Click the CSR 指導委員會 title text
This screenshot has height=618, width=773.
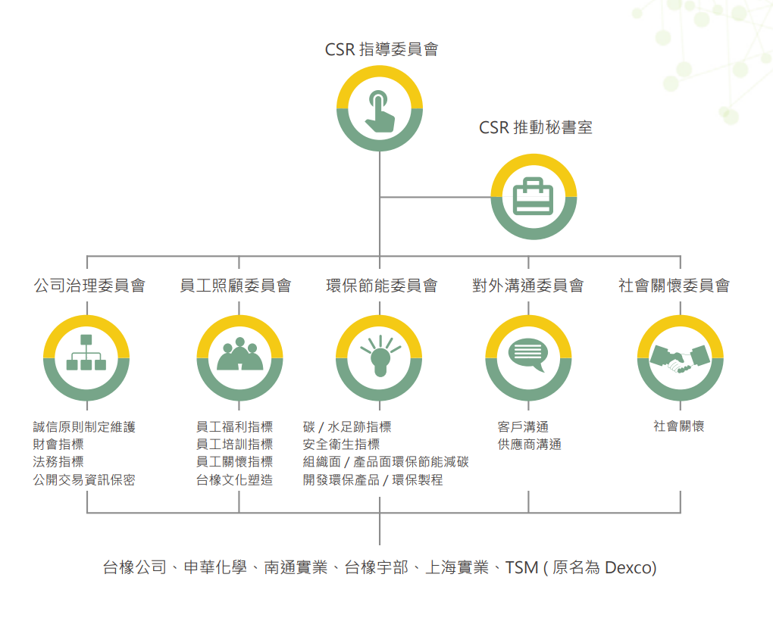click(381, 50)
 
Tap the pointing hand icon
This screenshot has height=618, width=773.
click(380, 109)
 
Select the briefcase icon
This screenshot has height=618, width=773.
click(534, 197)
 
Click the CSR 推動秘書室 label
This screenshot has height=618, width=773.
click(535, 127)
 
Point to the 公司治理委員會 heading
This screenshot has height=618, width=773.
click(89, 286)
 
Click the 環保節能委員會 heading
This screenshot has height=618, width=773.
click(381, 286)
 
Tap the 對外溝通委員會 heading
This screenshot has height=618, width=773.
click(527, 286)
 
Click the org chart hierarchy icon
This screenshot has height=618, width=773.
click(86, 354)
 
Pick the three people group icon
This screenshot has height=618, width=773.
click(239, 354)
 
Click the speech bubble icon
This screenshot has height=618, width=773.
click(527, 355)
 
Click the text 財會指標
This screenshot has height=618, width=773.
click(58, 445)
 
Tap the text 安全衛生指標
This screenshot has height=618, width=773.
click(341, 445)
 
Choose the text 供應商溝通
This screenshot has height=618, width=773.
click(529, 445)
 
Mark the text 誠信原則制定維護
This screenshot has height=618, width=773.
click(84, 427)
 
